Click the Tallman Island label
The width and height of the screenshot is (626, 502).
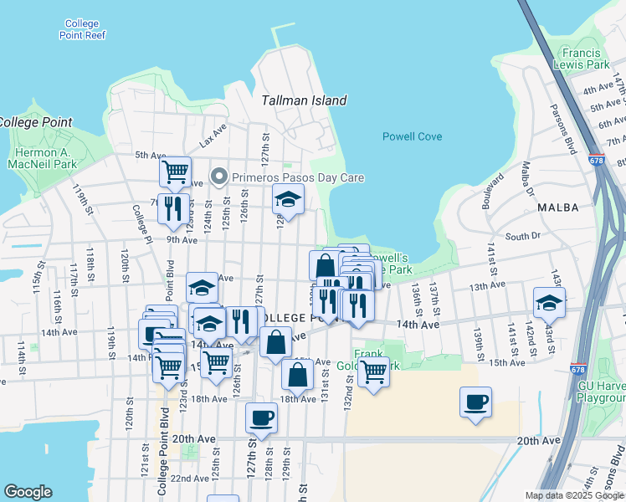[304, 100]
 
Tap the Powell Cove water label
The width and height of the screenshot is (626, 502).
[412, 136]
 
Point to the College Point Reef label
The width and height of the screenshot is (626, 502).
[81, 29]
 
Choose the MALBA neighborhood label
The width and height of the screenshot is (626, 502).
[558, 207]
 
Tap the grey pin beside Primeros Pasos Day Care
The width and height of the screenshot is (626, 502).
[220, 177]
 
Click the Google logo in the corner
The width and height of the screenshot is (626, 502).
[28, 492]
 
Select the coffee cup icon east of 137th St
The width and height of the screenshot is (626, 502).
[475, 402]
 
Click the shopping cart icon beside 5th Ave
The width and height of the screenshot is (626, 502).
[175, 172]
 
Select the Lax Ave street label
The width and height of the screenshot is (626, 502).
[213, 136]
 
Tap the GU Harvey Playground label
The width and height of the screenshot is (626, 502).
[601, 393]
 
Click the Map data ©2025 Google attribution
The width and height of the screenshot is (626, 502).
[574, 495]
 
